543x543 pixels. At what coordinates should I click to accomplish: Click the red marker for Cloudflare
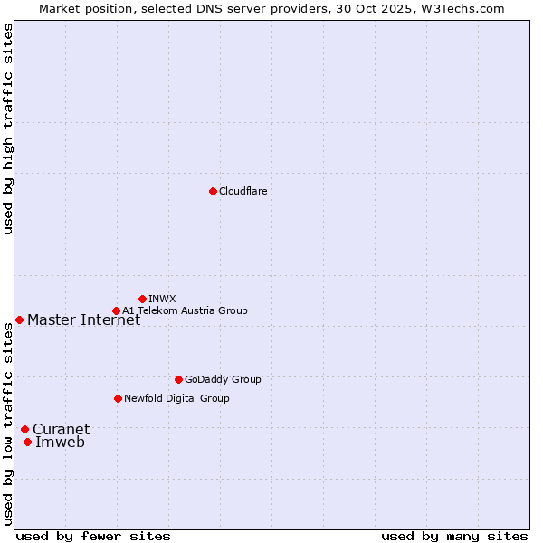click(213, 191)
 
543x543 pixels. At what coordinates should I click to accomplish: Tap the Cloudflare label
click(243, 191)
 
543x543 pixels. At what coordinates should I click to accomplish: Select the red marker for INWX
click(142, 299)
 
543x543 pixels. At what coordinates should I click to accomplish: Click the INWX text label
click(162, 299)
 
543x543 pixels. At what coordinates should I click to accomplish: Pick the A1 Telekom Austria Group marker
click(116, 310)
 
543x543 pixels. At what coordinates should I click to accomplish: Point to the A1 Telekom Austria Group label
click(186, 310)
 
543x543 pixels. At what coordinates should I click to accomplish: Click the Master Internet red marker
click(19, 319)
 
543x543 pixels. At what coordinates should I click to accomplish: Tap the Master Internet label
click(83, 319)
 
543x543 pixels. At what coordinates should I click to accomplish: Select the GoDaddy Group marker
click(178, 379)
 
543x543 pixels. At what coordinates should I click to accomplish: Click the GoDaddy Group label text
click(223, 379)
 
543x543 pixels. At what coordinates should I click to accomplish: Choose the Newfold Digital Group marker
click(118, 398)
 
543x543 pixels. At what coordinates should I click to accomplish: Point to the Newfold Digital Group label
click(176, 398)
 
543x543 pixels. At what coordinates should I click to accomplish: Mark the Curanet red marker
click(24, 429)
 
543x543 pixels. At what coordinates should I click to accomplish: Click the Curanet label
click(61, 429)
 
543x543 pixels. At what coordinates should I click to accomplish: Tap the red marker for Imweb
click(28, 442)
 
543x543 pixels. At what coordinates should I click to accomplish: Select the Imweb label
click(60, 442)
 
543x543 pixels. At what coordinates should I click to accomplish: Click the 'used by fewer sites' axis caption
click(93, 536)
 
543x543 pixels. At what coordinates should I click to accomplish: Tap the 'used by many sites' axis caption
click(454, 536)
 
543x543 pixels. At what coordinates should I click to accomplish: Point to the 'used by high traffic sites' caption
click(8, 129)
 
